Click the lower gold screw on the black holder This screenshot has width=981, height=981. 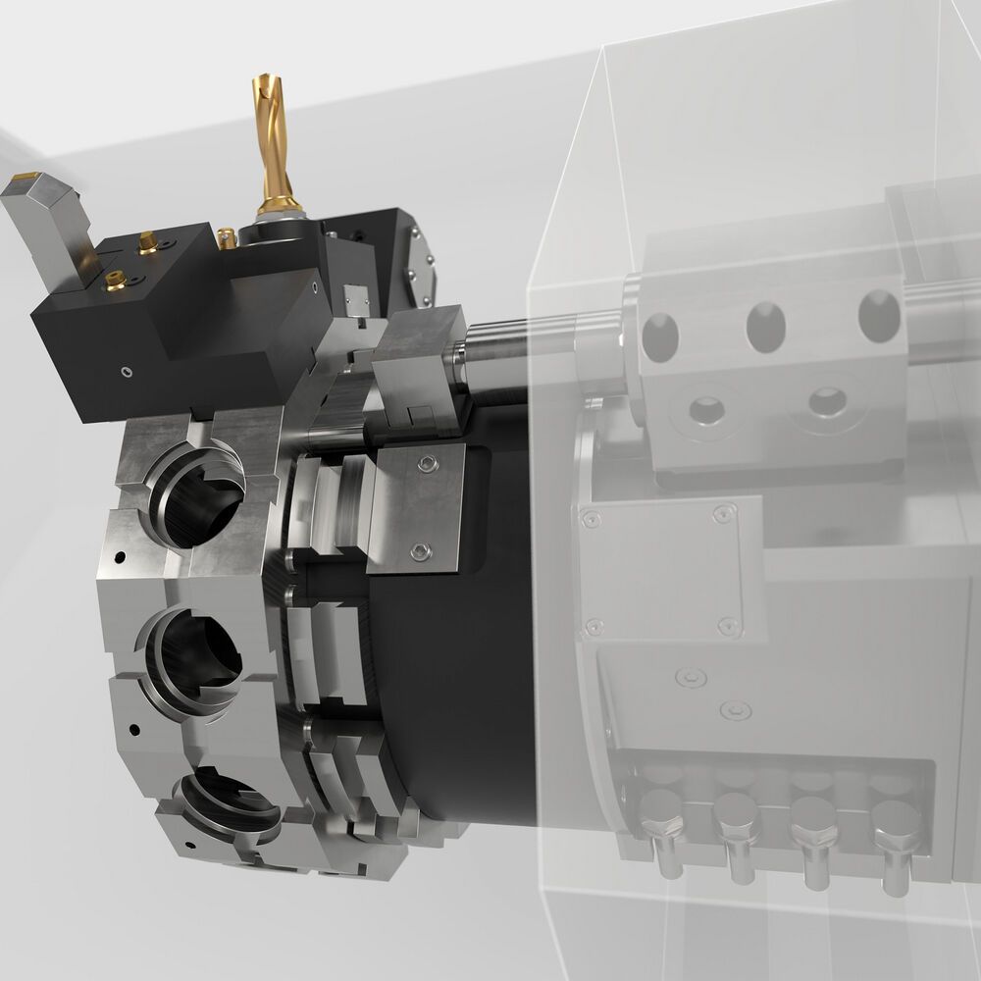pyautogui.click(x=112, y=281)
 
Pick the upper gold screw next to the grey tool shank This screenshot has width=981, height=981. pyautogui.click(x=148, y=239)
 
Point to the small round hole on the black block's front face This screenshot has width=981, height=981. pyautogui.click(x=125, y=371)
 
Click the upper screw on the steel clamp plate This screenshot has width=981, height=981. pyautogui.click(x=424, y=463)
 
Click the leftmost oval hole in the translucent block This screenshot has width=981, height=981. pyautogui.click(x=660, y=335)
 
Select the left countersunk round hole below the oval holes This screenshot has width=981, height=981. pyautogui.click(x=706, y=407)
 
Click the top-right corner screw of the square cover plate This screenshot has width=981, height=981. pyautogui.click(x=725, y=512)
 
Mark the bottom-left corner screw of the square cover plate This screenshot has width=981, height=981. pyautogui.click(x=593, y=626)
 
